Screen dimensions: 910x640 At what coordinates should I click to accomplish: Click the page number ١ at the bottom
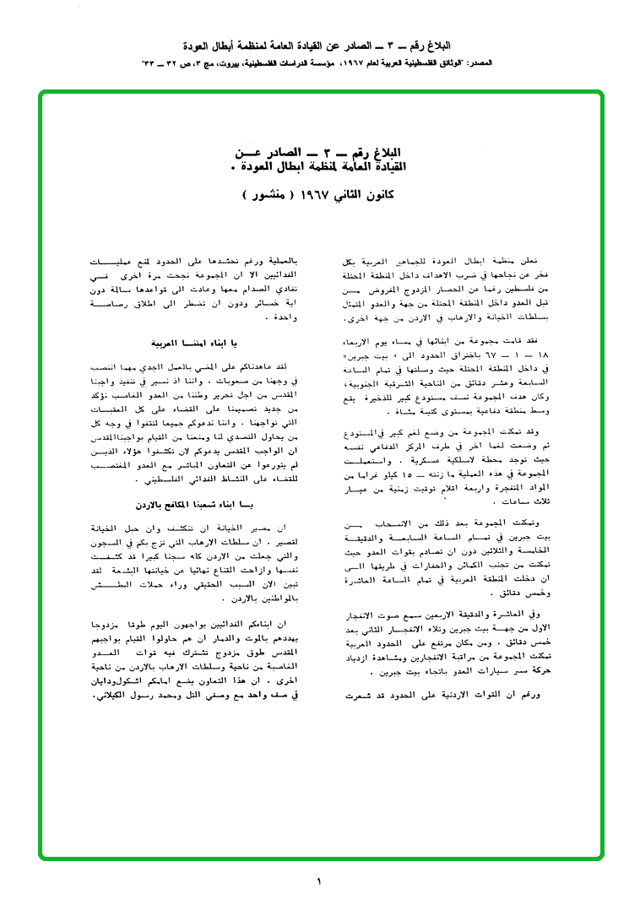(319, 882)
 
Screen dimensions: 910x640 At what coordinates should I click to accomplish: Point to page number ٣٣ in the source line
(151, 63)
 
